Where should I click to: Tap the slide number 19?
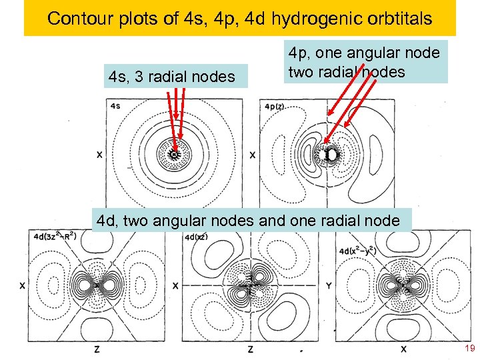pos(469,349)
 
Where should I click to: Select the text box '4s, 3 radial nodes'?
pos(171,77)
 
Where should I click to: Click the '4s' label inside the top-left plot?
pos(116,106)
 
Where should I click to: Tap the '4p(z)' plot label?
pos(276,106)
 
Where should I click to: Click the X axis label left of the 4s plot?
pos(99,155)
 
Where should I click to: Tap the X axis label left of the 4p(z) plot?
pos(253,155)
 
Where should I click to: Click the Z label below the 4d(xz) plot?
pos(250,349)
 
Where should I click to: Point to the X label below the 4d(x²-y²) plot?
pos(403,349)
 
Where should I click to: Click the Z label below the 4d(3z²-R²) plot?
pos(97,349)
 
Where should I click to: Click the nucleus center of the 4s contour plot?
pos(175,155)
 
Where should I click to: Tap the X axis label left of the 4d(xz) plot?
pos(175,285)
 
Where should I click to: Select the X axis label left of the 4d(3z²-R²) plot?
pos(23,285)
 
